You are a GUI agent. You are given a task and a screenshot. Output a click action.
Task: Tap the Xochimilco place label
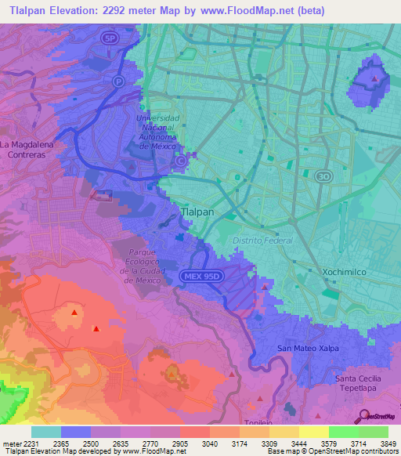tap(344, 271)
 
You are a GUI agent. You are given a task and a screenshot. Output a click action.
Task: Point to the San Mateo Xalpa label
tap(309, 347)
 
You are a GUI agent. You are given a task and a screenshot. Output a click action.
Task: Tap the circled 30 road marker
tap(321, 177)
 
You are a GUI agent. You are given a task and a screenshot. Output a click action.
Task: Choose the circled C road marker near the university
tap(181, 161)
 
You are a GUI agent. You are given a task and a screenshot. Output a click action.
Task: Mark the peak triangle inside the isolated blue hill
tap(376, 78)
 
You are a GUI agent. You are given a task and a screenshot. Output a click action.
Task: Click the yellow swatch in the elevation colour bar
tap(314, 432)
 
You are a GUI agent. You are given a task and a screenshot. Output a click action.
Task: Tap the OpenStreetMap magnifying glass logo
tap(363, 416)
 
